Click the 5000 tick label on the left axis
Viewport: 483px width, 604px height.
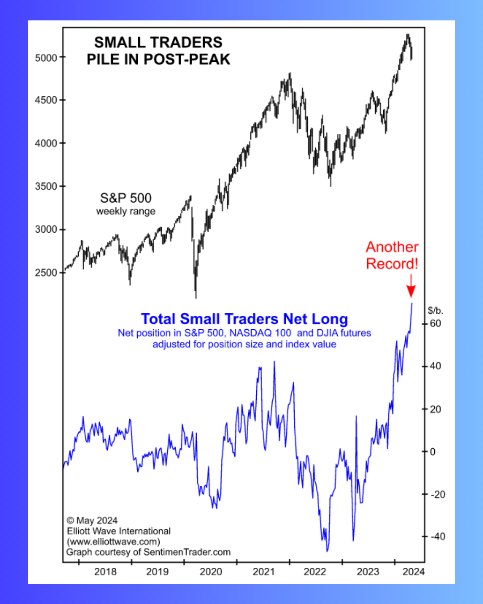click(46, 58)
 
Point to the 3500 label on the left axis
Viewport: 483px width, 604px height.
click(46, 186)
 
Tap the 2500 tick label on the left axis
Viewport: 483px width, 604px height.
click(46, 272)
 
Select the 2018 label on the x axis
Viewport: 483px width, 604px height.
click(105, 571)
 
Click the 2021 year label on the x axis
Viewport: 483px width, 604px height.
click(263, 571)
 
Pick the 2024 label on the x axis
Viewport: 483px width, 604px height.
click(413, 571)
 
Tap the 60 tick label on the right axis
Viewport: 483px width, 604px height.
click(435, 323)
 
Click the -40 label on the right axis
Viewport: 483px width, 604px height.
click(438, 536)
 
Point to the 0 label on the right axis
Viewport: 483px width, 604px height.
click(432, 451)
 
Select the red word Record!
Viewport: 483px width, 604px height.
click(392, 264)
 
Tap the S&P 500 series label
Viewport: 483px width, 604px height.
click(126, 198)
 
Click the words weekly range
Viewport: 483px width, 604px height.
click(126, 211)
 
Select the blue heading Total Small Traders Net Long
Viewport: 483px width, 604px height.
click(244, 319)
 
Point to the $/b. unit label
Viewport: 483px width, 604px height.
click(435, 311)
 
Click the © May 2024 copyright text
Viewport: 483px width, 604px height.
click(92, 520)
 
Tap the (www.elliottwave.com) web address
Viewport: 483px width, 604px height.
click(114, 541)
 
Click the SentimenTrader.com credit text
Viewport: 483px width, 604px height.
click(187, 552)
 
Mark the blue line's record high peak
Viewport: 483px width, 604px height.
click(412, 304)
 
